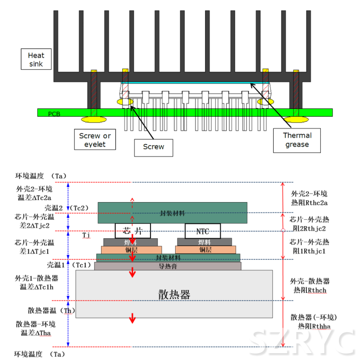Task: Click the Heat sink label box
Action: tap(36, 59)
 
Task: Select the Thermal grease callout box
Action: tap(297, 140)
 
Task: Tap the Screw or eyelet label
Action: tap(96, 140)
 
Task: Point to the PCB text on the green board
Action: tap(54, 113)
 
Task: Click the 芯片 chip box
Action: tap(132, 231)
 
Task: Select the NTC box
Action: tap(203, 231)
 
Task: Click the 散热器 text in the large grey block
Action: tap(174, 294)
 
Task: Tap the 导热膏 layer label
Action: tap(168, 266)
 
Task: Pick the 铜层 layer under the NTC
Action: tap(205, 250)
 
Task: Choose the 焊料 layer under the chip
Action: tap(130, 242)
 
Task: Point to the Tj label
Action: tap(86, 235)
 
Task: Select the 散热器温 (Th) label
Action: tap(51, 310)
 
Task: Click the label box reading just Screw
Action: tap(154, 146)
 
